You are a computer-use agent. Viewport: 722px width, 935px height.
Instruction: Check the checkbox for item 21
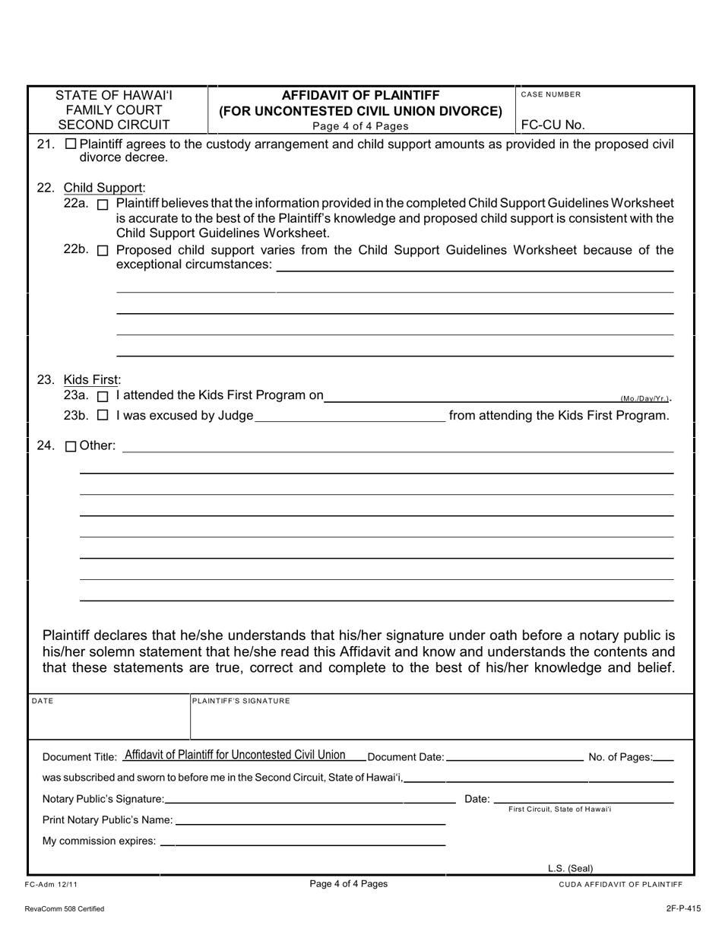click(x=71, y=144)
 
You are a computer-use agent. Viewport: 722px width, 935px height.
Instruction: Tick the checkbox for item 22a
click(x=103, y=204)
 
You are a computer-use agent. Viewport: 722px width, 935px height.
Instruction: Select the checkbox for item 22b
click(x=103, y=251)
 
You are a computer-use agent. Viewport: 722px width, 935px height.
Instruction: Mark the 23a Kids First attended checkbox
click(x=103, y=396)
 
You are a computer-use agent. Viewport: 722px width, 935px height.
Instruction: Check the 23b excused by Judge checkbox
click(x=103, y=416)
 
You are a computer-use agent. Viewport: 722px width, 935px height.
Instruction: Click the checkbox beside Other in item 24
click(x=71, y=447)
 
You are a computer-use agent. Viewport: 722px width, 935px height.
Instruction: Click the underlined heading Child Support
click(x=104, y=188)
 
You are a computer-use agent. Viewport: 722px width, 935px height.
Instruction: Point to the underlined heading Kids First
click(x=92, y=380)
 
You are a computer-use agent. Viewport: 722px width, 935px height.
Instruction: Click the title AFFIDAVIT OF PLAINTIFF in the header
click(x=360, y=95)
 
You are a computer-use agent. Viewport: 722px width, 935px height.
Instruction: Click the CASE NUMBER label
click(x=551, y=95)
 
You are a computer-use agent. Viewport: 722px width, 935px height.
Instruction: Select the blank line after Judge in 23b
click(x=350, y=417)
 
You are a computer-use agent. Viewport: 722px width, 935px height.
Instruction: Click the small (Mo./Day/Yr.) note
click(x=644, y=398)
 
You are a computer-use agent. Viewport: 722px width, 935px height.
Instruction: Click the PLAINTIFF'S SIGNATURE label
click(x=241, y=701)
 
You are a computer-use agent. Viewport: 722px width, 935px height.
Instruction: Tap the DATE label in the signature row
click(x=42, y=701)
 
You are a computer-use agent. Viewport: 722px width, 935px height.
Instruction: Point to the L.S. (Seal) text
click(x=570, y=868)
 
